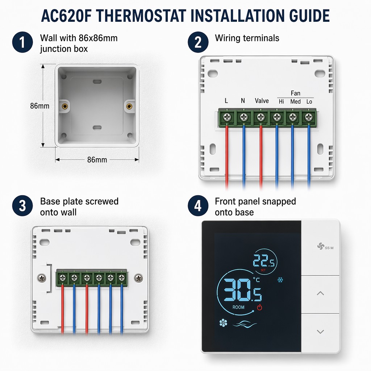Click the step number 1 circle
[x=22, y=42]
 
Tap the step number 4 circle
[x=198, y=206]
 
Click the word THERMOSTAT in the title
[x=141, y=16]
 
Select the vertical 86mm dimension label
[x=39, y=106]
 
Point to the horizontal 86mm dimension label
[x=97, y=160]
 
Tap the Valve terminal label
[x=262, y=101]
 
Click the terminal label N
[x=243, y=101]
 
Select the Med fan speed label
[x=295, y=101]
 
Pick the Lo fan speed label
[x=309, y=101]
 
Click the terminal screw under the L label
[x=228, y=117]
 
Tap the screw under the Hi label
[x=277, y=117]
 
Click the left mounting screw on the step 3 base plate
[x=42, y=278]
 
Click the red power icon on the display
[x=259, y=307]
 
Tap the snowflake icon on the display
[x=280, y=280]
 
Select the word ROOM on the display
[x=238, y=307]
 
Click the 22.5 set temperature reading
[x=264, y=260]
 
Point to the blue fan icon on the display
[x=223, y=323]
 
